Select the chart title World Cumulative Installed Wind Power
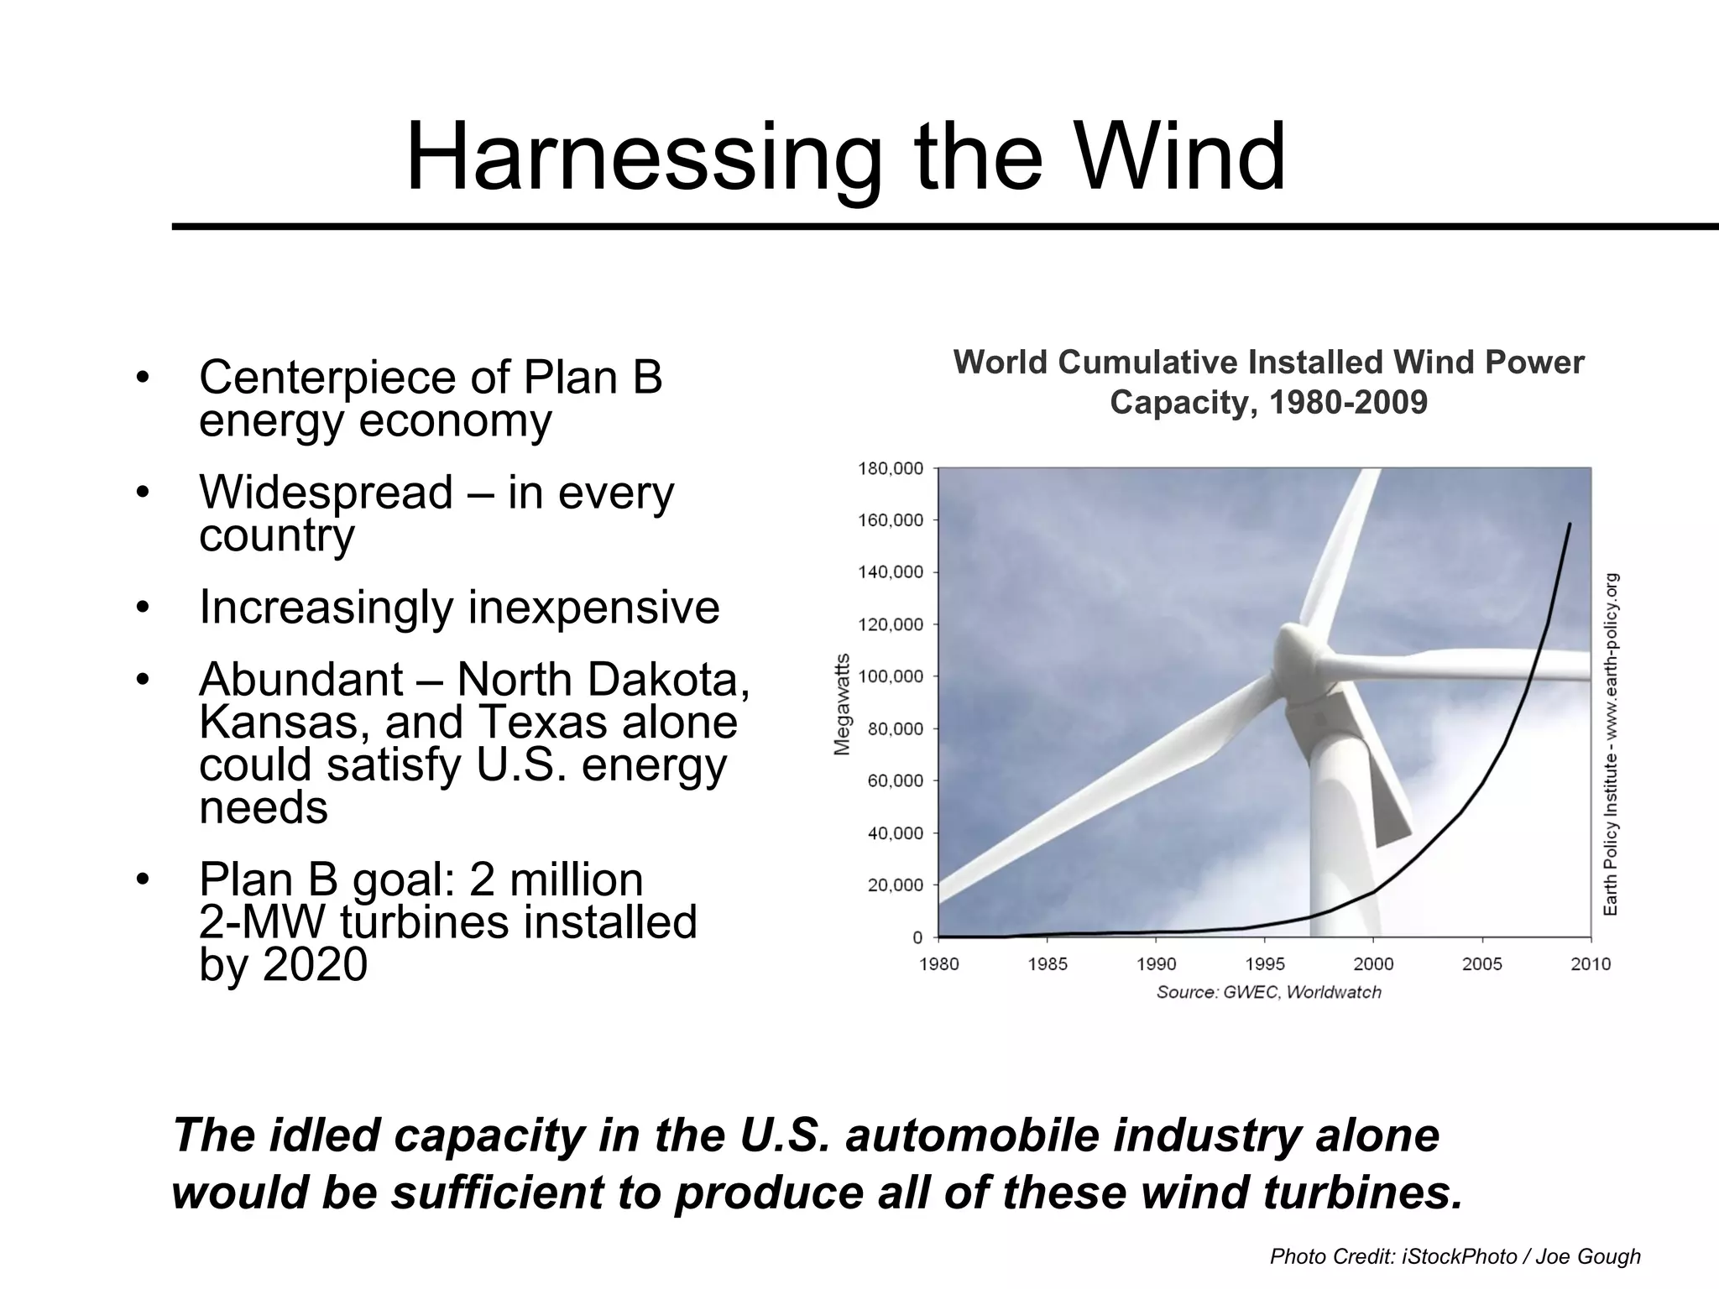[x=1268, y=363]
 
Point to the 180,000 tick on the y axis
[x=890, y=468]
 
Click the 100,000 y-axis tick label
[x=890, y=676]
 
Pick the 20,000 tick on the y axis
[x=894, y=885]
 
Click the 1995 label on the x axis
[x=1265, y=964]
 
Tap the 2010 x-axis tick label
[x=1591, y=964]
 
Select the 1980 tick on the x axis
[x=938, y=964]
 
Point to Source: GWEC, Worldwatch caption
[x=1268, y=993]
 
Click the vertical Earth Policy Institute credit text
[x=1611, y=744]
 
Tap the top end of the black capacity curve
[x=1570, y=524]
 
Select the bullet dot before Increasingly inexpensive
[x=143, y=606]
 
